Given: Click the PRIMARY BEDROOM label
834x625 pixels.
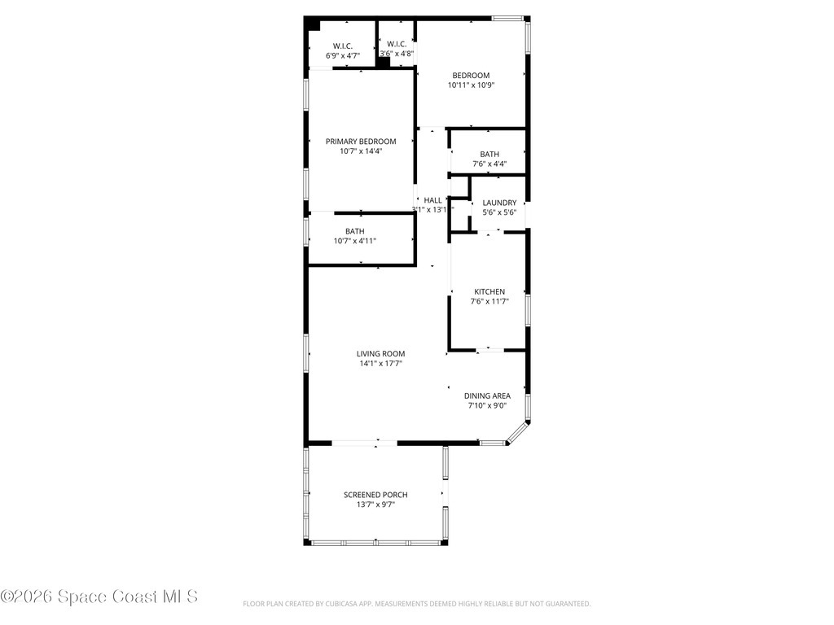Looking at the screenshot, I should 361,141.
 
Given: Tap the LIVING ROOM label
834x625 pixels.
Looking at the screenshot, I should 380,353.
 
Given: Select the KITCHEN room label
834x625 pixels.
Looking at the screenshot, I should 489,291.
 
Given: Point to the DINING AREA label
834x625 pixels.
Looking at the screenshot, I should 488,396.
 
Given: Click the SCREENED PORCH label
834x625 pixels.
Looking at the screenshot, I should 375,494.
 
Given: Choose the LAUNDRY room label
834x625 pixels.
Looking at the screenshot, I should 499,203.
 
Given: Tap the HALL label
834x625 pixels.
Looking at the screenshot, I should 432,199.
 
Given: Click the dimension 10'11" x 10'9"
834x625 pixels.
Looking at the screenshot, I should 472,85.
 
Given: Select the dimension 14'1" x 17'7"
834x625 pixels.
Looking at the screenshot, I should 380,363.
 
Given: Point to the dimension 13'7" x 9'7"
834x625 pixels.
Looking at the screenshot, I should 375,504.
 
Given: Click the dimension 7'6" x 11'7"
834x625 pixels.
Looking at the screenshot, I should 489,301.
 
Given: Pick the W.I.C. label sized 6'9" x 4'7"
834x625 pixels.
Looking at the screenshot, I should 342,46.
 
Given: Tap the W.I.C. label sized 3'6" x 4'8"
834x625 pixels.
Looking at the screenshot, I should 397,44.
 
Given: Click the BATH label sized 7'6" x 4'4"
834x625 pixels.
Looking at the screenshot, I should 489,154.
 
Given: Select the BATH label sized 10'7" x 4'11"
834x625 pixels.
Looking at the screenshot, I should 354,231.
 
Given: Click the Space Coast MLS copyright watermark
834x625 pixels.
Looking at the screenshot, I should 99,597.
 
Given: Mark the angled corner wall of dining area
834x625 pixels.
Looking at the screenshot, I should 518,432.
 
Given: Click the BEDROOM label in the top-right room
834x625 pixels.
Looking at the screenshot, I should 472,75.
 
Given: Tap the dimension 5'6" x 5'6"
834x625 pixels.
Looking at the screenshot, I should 499,212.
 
